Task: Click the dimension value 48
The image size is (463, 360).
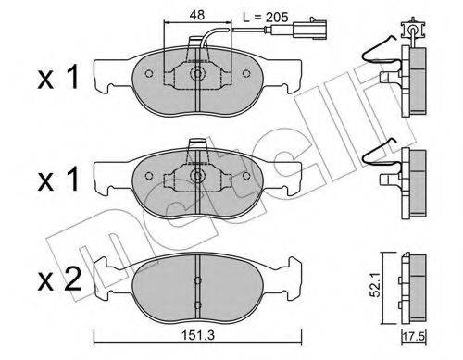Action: tap(198, 16)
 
